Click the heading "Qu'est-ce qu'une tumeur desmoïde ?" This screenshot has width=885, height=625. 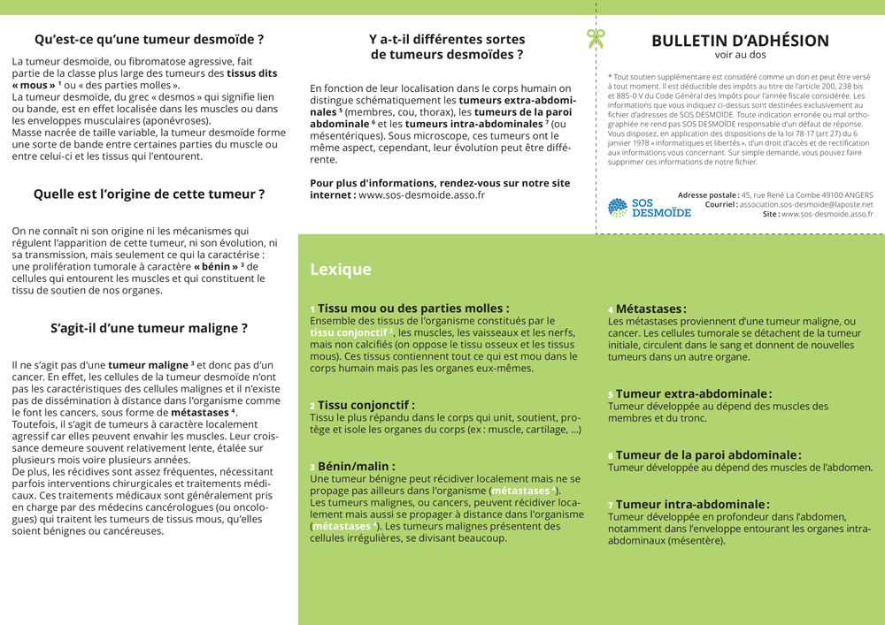(x=149, y=40)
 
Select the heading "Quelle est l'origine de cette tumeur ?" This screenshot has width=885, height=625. (x=149, y=194)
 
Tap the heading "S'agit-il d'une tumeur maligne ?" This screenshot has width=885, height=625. (x=149, y=328)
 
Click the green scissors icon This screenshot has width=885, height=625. (x=596, y=38)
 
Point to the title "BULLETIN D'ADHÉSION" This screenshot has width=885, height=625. (x=740, y=41)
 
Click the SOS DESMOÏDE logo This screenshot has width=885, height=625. (x=650, y=208)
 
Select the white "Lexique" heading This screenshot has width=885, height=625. (x=341, y=270)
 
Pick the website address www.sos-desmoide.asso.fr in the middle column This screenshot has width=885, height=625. (x=421, y=195)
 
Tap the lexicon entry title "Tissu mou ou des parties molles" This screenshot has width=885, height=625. (x=413, y=308)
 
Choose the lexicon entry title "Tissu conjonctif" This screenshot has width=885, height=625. (x=366, y=405)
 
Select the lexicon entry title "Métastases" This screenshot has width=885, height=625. (x=650, y=309)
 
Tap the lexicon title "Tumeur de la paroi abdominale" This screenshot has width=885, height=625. (x=708, y=455)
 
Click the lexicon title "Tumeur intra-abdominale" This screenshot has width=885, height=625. (x=692, y=504)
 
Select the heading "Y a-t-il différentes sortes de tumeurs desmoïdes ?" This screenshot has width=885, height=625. (x=446, y=47)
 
